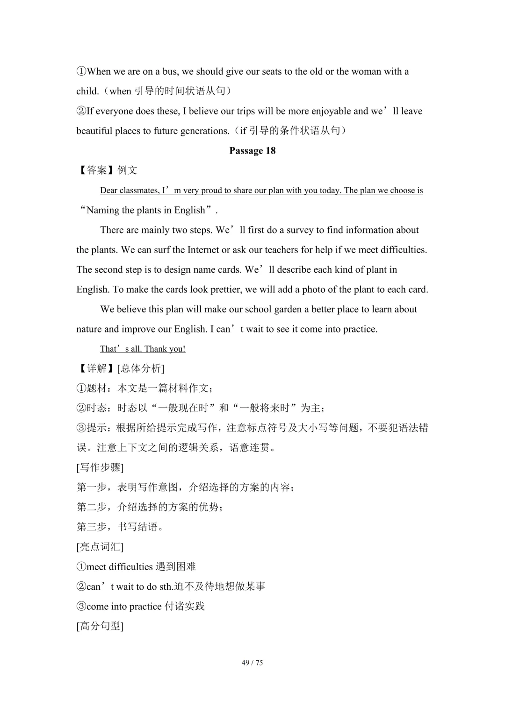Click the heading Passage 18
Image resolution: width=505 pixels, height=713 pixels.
click(252, 151)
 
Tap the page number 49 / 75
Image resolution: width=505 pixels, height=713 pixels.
click(252, 663)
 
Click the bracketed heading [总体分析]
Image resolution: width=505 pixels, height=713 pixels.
click(141, 368)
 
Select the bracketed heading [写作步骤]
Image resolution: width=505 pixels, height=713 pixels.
click(100, 467)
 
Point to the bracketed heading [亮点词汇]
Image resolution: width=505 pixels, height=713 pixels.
click(100, 547)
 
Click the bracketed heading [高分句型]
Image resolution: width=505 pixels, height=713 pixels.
click(100, 626)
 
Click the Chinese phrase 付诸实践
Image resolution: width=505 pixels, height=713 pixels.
click(185, 607)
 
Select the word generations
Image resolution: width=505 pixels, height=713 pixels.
click(204, 131)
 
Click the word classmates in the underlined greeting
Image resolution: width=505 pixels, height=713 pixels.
click(138, 191)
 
